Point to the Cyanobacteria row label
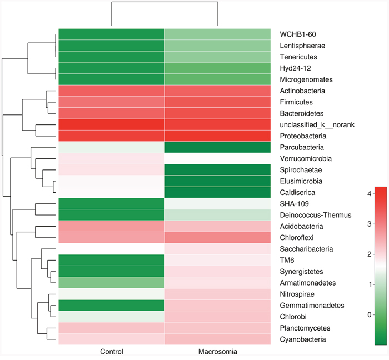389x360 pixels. [x=302, y=339]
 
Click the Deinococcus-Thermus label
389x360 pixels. [x=315, y=215]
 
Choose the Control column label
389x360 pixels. [x=111, y=352]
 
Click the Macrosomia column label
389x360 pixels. [x=218, y=352]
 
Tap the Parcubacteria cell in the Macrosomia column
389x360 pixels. [x=218, y=147]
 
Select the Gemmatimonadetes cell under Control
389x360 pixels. [x=111, y=306]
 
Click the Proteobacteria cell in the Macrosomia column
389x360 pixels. [x=218, y=136]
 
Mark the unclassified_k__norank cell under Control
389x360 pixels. [x=111, y=125]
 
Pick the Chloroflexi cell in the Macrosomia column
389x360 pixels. [x=218, y=238]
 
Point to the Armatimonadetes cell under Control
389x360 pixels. [x=111, y=283]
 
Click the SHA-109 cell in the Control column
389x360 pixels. [x=111, y=204]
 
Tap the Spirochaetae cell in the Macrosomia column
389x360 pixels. [x=218, y=170]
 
